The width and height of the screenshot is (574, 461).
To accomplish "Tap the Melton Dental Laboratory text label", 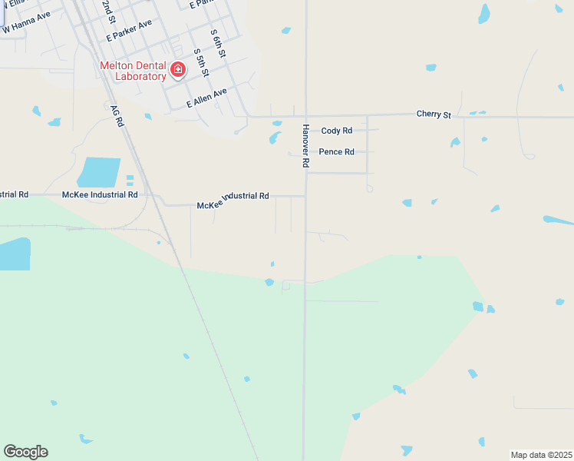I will [x=133, y=71].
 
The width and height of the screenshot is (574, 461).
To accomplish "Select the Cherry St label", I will [x=434, y=114].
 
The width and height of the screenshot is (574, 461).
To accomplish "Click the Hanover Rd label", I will [x=305, y=146].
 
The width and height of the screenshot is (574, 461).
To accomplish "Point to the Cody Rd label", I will [x=336, y=131].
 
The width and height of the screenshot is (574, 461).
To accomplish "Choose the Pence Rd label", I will [x=336, y=152].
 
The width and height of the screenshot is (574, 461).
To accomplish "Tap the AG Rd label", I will [x=117, y=117].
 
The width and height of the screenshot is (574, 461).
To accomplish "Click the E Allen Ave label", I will [x=207, y=98].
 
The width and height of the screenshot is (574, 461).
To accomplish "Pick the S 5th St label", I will [x=200, y=62].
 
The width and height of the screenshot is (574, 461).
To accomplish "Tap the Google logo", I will [x=25, y=452].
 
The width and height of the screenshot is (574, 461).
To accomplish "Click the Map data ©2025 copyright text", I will [x=541, y=454].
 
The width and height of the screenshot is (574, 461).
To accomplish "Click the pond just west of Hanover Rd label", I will [x=275, y=138].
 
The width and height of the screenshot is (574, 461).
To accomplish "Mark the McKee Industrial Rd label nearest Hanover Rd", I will [x=233, y=197].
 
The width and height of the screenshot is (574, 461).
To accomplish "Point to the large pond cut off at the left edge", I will [x=15, y=254].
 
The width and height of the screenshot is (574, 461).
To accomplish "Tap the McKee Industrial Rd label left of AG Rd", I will [x=100, y=195].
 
